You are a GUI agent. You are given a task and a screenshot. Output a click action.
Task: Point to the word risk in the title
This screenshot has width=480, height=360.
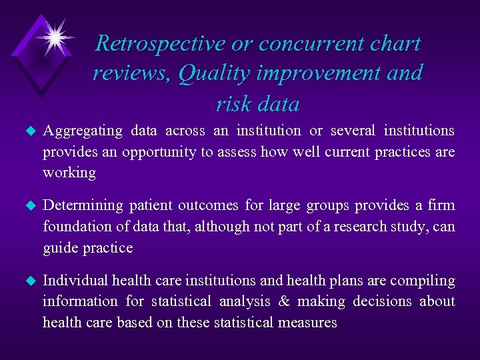point(230,103)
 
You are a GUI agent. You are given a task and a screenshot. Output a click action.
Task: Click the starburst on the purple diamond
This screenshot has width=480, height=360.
point(52,35)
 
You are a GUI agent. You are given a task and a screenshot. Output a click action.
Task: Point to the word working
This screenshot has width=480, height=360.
point(69,173)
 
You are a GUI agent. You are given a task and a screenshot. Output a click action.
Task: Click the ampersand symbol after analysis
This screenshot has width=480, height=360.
point(284,302)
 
